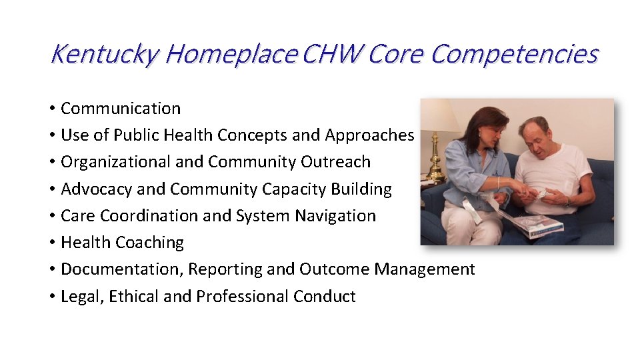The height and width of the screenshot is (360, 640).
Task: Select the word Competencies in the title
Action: [514, 54]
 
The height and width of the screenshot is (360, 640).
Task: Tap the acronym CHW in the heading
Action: [331, 54]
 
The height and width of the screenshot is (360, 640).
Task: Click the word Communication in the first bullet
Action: [121, 109]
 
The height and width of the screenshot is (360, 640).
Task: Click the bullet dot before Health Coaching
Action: [51, 243]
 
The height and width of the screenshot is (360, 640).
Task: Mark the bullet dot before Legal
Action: [51, 297]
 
